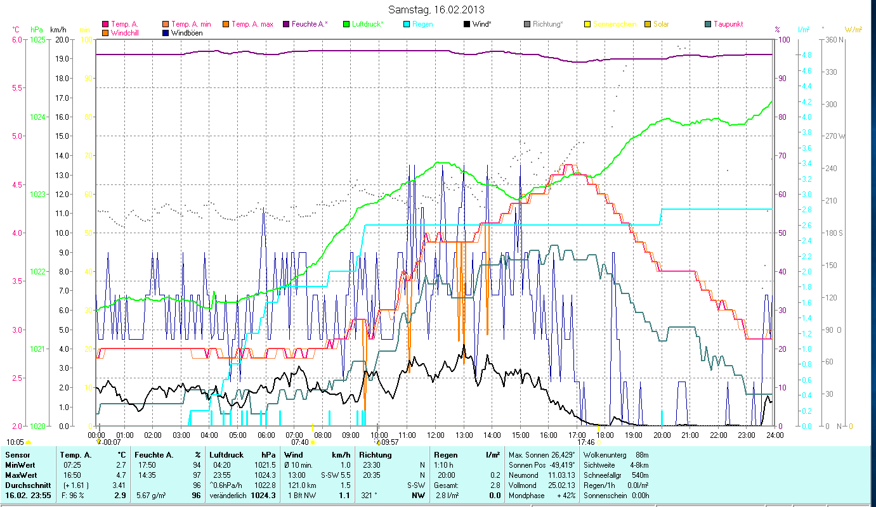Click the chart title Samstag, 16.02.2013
point(437,10)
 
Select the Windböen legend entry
point(186,33)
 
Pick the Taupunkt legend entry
point(727,24)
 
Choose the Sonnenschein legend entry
point(615,24)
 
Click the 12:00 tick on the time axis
point(436,435)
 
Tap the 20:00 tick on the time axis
point(662,435)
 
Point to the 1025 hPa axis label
point(37,39)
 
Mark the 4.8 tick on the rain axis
point(807,55)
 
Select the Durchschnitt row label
point(27,485)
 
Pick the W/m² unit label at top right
point(853,29)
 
